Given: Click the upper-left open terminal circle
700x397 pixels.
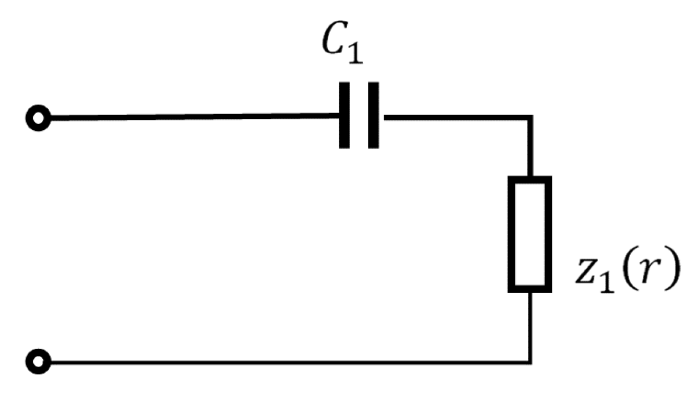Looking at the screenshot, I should tap(38, 118).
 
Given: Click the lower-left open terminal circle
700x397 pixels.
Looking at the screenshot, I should tap(38, 362).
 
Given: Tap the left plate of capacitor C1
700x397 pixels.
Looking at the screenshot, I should tap(344, 115).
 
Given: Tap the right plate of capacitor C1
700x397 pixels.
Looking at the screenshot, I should tap(373, 115).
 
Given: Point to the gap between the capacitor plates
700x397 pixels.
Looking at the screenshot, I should tap(359, 115).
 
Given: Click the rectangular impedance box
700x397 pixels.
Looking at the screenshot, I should tap(530, 233).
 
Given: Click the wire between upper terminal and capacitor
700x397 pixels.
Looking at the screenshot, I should tap(194, 117).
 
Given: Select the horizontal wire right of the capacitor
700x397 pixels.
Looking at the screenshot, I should tap(455, 117).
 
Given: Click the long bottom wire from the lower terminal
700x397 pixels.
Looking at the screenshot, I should tap(277, 363).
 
